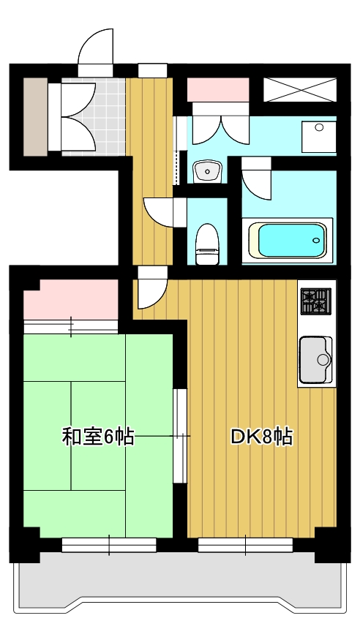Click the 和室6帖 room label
click(x=97, y=437)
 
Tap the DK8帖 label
click(x=262, y=437)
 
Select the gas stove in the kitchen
click(x=316, y=300)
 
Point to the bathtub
click(x=287, y=239)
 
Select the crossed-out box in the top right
click(x=300, y=88)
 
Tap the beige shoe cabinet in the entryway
click(x=34, y=116)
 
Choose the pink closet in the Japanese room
click(x=71, y=301)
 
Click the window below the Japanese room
click(x=109, y=544)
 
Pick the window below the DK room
click(x=245, y=544)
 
